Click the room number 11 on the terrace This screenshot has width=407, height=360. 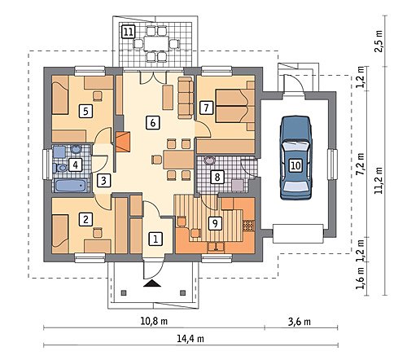click(128, 32)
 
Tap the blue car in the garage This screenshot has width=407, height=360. click(295, 158)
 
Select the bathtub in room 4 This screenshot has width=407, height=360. click(71, 186)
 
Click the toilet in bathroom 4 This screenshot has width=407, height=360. click(60, 168)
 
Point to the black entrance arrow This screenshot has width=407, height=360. click(152, 283)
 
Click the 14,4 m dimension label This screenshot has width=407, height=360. click(190, 339)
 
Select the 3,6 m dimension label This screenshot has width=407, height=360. click(300, 322)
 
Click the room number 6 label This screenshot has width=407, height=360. click(152, 123)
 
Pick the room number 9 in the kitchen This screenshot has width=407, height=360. click(215, 223)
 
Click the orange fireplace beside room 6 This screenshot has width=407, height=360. click(123, 142)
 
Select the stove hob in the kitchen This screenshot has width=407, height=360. click(249, 226)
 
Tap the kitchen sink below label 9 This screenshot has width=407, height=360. click(216, 246)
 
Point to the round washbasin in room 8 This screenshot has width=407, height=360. click(209, 160)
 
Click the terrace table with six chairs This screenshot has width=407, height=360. click(155, 43)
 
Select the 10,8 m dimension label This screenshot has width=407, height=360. click(154, 322)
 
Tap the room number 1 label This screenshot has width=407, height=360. click(155, 239)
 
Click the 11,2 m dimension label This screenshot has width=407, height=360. click(379, 180)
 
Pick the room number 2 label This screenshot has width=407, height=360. click(85, 219)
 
